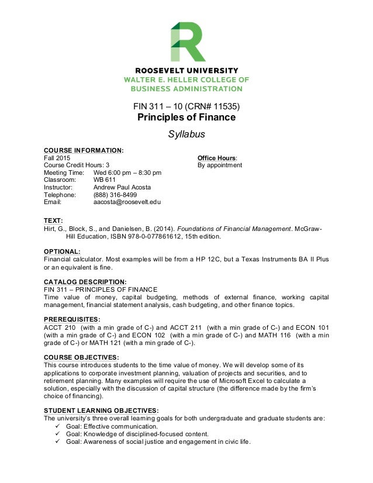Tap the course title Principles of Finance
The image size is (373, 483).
[x=186, y=118]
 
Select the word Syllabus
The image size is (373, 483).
[x=186, y=134]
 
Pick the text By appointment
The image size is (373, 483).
[x=220, y=165]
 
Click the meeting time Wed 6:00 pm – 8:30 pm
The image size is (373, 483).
[x=127, y=173]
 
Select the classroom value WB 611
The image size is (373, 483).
[x=105, y=180]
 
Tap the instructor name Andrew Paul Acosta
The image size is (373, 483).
[x=122, y=188]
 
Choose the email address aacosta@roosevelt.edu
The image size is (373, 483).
[x=127, y=202]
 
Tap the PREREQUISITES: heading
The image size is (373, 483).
[x=72, y=318]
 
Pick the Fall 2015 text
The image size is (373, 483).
[x=57, y=158]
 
